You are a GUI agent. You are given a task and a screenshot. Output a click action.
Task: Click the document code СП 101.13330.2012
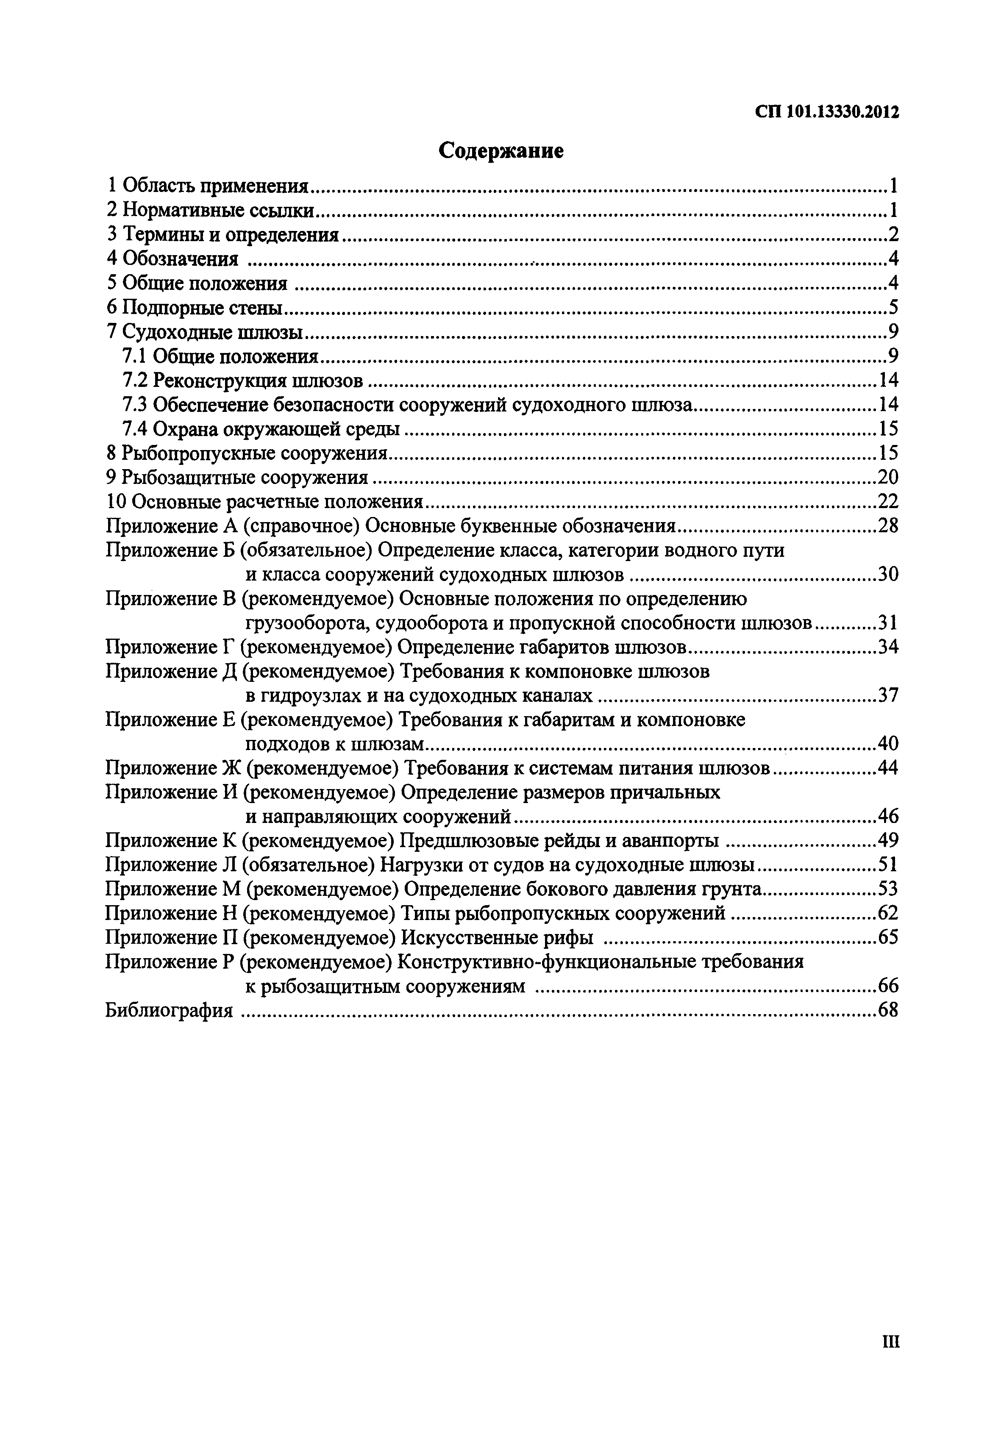click(x=827, y=112)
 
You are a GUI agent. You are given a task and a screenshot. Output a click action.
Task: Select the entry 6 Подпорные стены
click(x=195, y=307)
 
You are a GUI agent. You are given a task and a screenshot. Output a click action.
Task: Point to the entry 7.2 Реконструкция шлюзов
click(x=243, y=380)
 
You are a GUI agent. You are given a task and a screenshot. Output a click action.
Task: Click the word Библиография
click(x=170, y=1010)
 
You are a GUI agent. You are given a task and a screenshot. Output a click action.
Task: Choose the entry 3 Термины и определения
click(x=222, y=234)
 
